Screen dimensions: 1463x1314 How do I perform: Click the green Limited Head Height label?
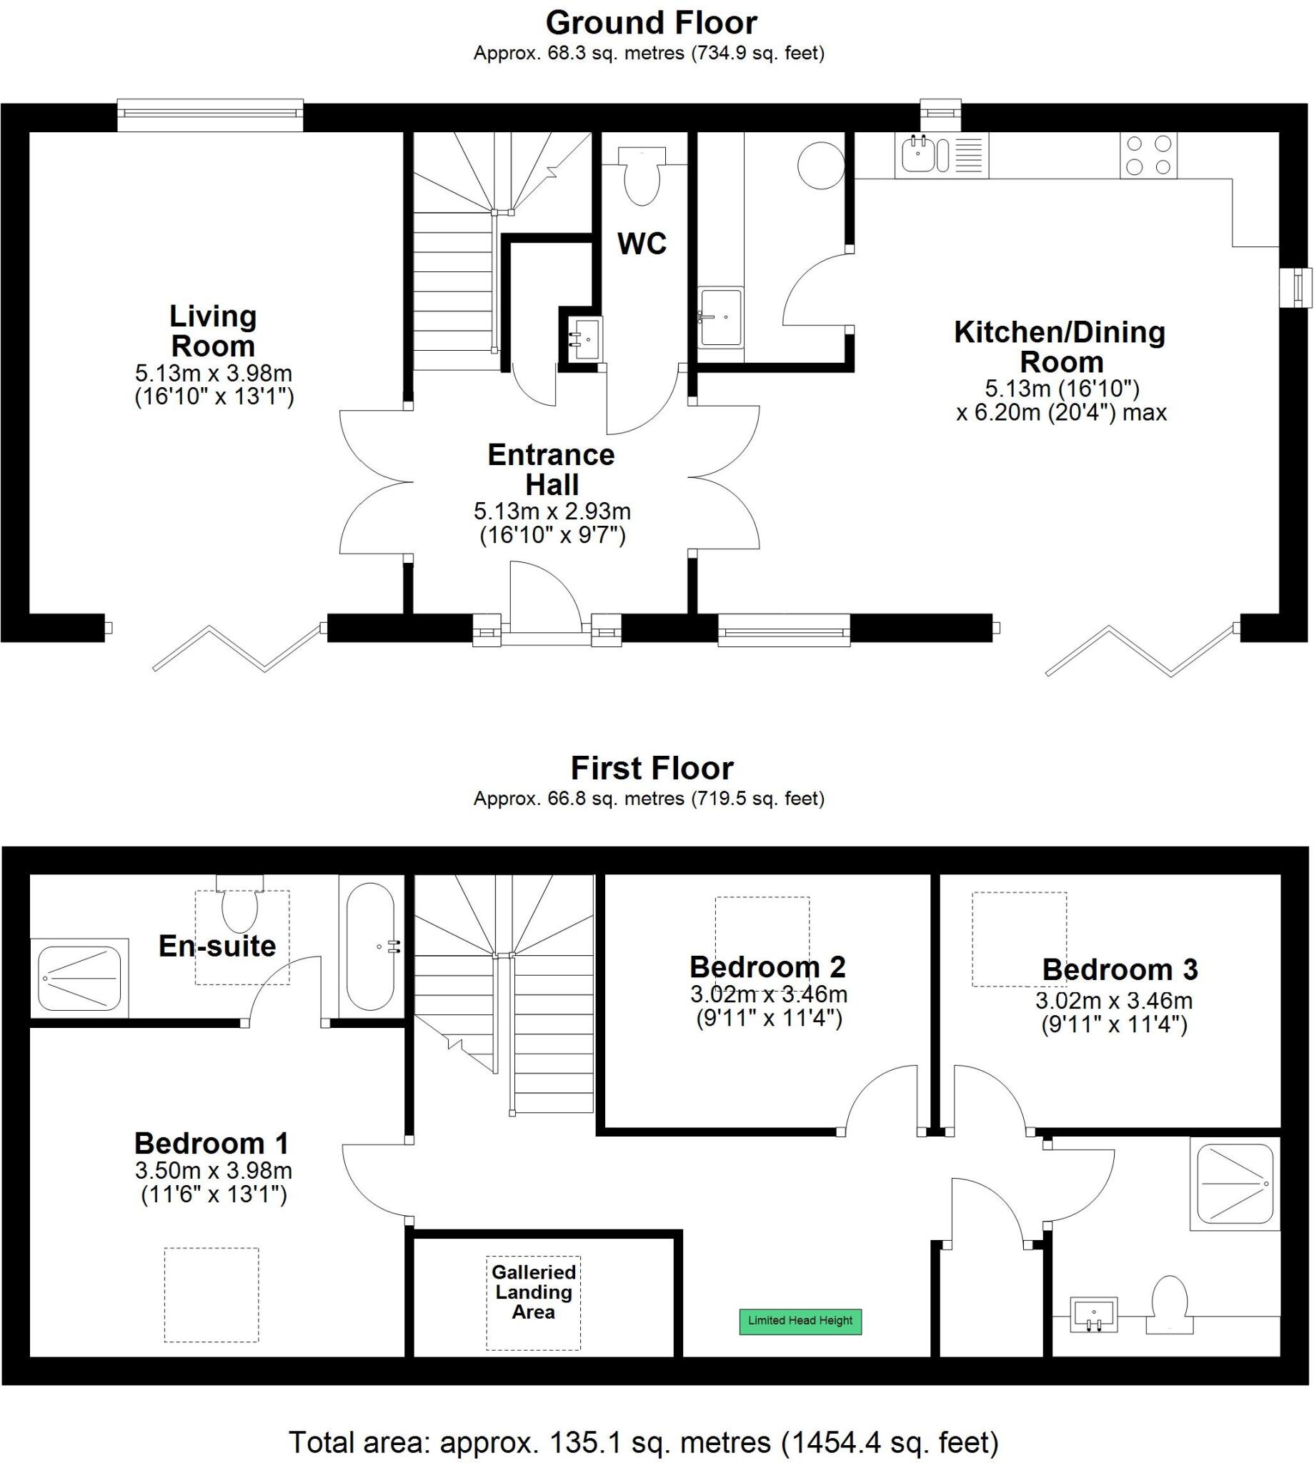pyautogui.click(x=800, y=1321)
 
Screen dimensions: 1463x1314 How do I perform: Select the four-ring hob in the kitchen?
pyautogui.click(x=1148, y=156)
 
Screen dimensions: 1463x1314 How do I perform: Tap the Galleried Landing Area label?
pyautogui.click(x=534, y=1292)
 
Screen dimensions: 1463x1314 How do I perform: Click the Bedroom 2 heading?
pyautogui.click(x=767, y=967)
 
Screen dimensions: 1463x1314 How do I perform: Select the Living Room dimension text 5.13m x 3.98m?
pyautogui.click(x=214, y=373)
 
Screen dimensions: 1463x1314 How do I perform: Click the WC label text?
pyautogui.click(x=641, y=244)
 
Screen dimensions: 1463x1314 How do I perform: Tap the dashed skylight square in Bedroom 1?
pyautogui.click(x=211, y=1295)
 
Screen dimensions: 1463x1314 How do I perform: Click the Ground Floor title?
pyautogui.click(x=650, y=23)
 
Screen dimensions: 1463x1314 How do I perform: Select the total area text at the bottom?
pyautogui.click(x=643, y=1442)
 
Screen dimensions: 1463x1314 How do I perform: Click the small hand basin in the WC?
pyautogui.click(x=584, y=339)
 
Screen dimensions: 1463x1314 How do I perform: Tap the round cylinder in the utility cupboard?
pyautogui.click(x=820, y=165)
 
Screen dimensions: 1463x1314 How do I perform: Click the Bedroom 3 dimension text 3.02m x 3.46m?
pyautogui.click(x=1113, y=1000)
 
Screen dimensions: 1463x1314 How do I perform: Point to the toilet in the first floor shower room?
pyautogui.click(x=1169, y=1305)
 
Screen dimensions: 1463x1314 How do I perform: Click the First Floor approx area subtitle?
pyautogui.click(x=648, y=798)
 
